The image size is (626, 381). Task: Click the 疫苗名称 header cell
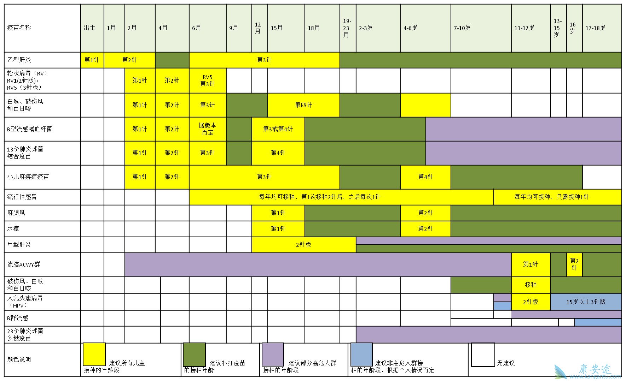point(19,28)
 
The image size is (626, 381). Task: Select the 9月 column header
point(234,28)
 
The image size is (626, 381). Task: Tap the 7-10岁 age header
point(462,28)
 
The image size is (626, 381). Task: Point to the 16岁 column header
point(573,28)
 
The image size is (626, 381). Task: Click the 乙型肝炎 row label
point(19,60)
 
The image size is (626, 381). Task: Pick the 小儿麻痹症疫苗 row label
point(28,177)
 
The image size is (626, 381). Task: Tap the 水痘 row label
point(13,229)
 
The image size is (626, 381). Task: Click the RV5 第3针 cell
point(208,81)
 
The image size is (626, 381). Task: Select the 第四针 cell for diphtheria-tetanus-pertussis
point(303,105)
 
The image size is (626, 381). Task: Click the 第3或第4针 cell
point(278,129)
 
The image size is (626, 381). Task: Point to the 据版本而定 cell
point(208,129)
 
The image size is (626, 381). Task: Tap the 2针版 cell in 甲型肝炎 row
point(303,245)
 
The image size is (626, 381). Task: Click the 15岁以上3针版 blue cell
point(586,302)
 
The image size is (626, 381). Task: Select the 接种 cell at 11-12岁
point(531,285)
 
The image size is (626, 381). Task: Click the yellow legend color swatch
point(94,354)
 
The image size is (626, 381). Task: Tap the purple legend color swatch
point(273,354)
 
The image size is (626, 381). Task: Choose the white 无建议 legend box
point(483,355)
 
